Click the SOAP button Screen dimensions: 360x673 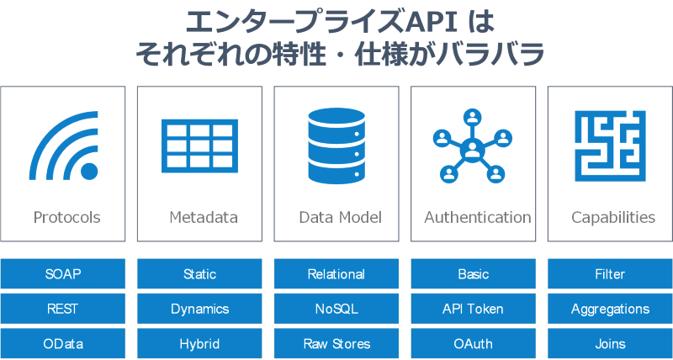pos(63,274)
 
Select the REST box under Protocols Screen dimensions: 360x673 pos(63,309)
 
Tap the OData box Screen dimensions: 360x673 pos(63,343)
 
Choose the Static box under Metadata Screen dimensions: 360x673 pos(199,274)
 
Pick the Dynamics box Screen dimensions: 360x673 pos(199,309)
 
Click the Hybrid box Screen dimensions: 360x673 pos(199,343)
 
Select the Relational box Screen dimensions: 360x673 pos(336,274)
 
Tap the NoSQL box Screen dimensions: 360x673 pos(336,309)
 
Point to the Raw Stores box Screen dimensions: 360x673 pos(336,343)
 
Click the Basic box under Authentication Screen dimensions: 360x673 pos(473,274)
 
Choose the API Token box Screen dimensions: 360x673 pos(473,309)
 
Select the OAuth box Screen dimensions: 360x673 pos(473,343)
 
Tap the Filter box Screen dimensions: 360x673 pos(610,274)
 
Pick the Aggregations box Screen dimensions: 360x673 pos(610,309)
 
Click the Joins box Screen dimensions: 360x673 pos(610,343)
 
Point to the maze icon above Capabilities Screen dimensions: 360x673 pos(610,146)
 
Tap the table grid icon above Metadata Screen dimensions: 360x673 pos(199,146)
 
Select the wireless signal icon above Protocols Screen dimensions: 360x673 pos(65,146)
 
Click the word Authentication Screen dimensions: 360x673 pos(478,217)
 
